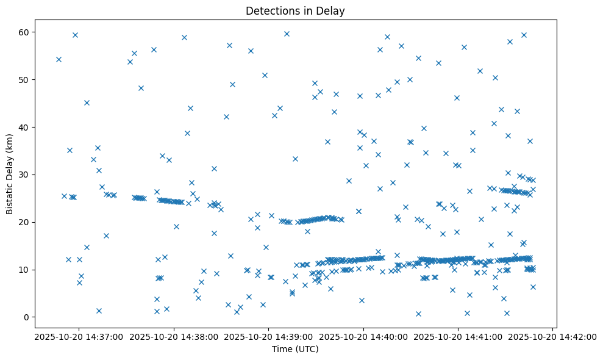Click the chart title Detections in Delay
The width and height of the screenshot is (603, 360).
(295, 10)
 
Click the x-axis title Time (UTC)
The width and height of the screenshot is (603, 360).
(295, 350)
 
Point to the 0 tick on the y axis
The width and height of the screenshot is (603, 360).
(26, 317)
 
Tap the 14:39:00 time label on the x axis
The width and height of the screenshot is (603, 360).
(268, 337)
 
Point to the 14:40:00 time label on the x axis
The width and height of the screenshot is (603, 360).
(363, 337)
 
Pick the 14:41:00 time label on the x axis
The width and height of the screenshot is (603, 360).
(458, 337)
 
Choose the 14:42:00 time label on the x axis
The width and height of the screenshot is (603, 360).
(553, 337)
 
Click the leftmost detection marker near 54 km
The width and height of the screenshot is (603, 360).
(59, 59)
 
